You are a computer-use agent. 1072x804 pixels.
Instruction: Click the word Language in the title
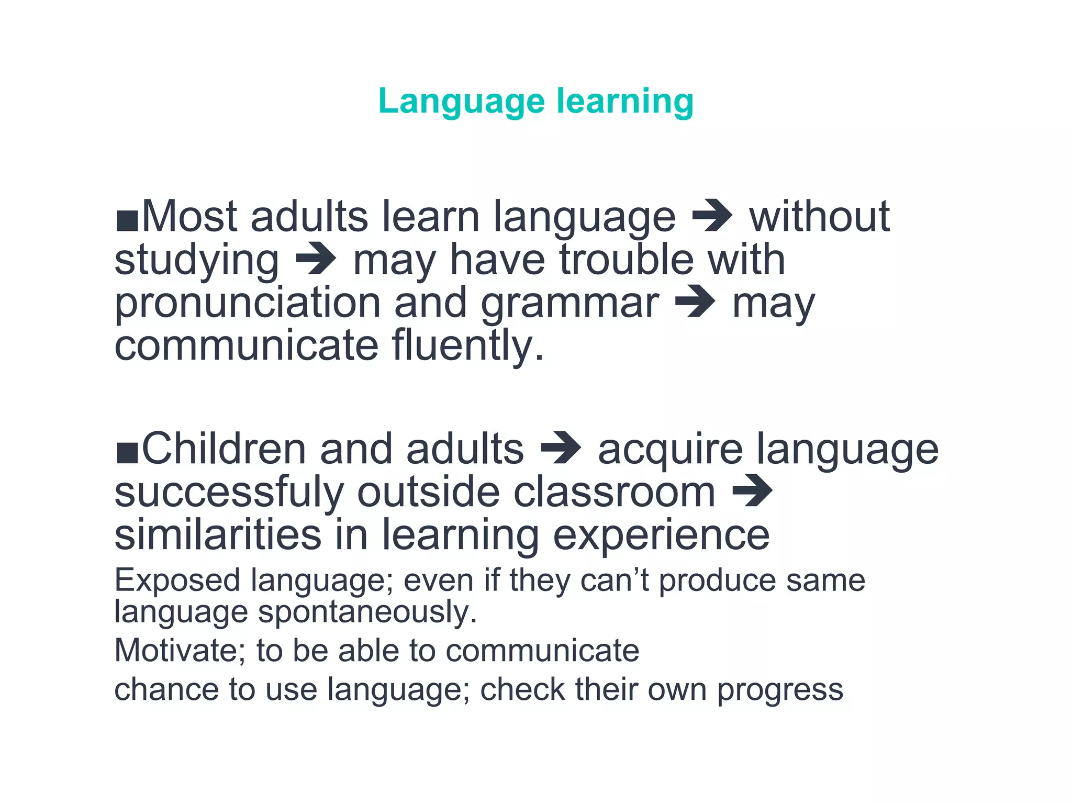(x=461, y=101)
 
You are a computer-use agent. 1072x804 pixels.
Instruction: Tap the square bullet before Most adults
(x=127, y=221)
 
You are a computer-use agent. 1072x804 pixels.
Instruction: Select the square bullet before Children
(x=127, y=453)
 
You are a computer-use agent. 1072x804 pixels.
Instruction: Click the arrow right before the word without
(x=712, y=216)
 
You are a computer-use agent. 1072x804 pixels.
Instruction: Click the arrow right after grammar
(x=695, y=302)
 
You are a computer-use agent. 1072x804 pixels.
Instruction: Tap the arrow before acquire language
(x=561, y=448)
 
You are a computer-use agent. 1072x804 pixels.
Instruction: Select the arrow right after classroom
(x=752, y=491)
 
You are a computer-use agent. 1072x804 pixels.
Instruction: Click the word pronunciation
(x=247, y=304)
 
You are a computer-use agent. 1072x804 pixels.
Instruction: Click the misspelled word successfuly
(x=229, y=493)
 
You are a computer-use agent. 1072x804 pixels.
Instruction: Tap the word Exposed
(x=177, y=581)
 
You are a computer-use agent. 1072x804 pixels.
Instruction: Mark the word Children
(x=224, y=449)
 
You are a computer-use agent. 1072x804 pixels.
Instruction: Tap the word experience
(x=661, y=535)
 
